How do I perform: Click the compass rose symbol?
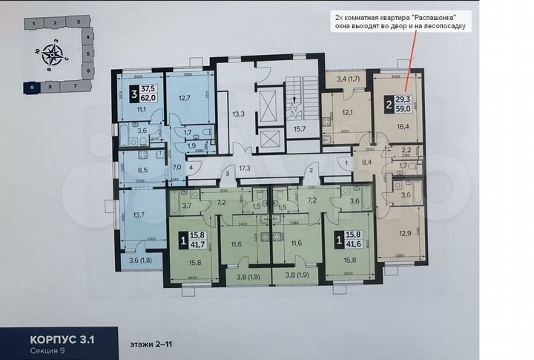pos(53,53)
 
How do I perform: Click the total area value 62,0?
pos(148,96)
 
